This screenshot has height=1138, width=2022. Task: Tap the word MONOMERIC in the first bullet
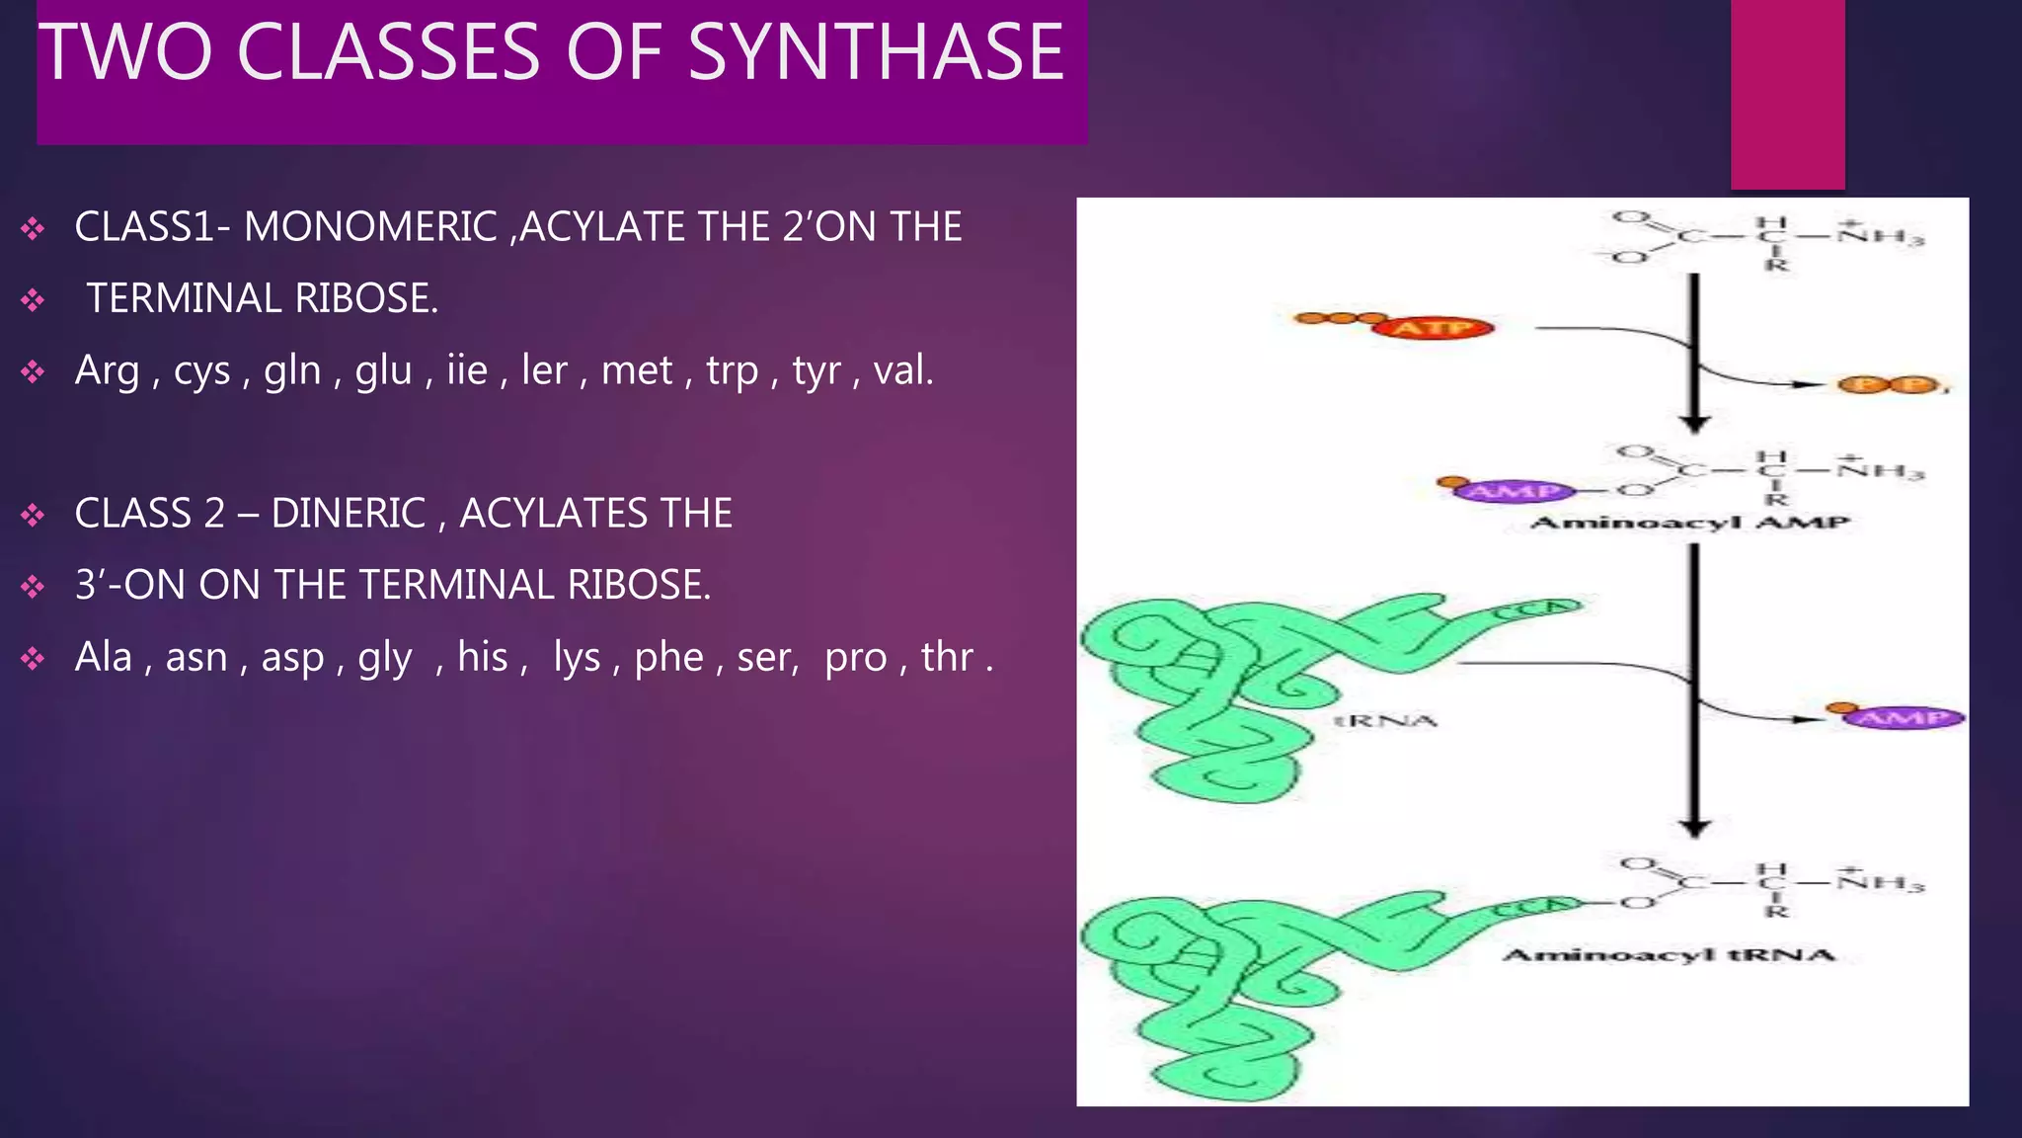(x=370, y=227)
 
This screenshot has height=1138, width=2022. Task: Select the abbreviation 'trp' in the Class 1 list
(x=732, y=370)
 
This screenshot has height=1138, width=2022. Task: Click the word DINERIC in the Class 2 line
(x=348, y=514)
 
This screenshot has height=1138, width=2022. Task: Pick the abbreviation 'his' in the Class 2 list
(x=482, y=657)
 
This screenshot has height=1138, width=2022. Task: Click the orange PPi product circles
(x=1888, y=385)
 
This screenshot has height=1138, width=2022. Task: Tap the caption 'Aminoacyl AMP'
(x=1689, y=523)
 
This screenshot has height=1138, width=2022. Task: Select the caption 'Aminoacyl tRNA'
(x=1669, y=954)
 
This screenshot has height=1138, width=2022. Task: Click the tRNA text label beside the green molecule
(x=1385, y=721)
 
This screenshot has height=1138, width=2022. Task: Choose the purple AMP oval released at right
(x=1903, y=717)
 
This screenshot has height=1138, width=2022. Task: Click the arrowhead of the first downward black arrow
(x=1695, y=422)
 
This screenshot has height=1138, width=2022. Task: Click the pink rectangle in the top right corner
(x=1787, y=94)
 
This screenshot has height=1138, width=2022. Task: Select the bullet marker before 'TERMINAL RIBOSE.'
(x=33, y=299)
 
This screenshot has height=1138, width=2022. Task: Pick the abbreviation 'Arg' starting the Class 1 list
(x=107, y=370)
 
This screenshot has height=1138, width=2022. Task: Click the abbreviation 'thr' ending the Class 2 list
(x=947, y=657)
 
